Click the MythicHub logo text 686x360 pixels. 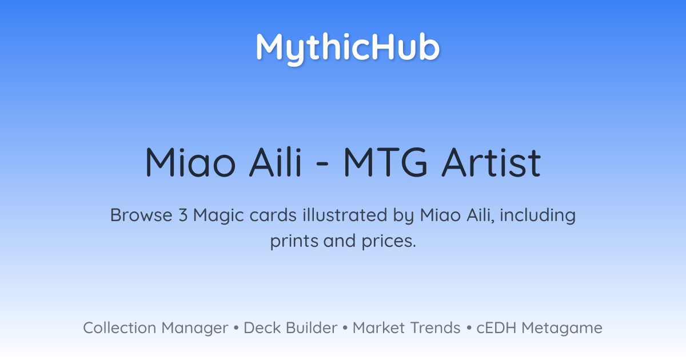tap(348, 49)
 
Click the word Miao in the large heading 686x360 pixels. tap(190, 162)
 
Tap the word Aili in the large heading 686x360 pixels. tap(276, 162)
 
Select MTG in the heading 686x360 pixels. tap(385, 162)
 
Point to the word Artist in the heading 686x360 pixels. tap(491, 162)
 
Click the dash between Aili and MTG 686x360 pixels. tap(322, 164)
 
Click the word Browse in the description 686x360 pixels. tap(141, 215)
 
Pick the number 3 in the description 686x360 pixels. tap(183, 215)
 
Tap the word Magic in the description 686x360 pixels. tap(218, 216)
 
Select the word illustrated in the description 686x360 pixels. tap(345, 215)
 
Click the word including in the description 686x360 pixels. tap(538, 216)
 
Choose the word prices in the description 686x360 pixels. tap(389, 242)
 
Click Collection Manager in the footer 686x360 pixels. tap(155, 328)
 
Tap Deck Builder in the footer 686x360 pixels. tap(290, 328)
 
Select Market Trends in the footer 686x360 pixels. tap(406, 328)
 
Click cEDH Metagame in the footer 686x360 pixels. tap(539, 328)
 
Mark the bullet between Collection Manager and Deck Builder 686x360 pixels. tap(236, 328)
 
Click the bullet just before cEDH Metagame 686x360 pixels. tap(469, 328)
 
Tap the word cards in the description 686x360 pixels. tap(273, 215)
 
